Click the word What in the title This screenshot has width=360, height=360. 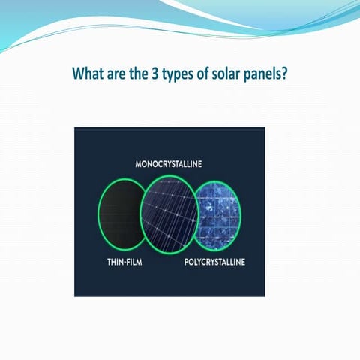click(x=88, y=75)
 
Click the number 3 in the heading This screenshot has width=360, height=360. click(x=158, y=75)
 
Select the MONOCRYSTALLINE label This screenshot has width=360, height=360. click(x=169, y=163)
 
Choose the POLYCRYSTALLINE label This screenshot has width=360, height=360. click(x=214, y=263)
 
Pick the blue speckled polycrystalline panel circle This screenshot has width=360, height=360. click(x=219, y=214)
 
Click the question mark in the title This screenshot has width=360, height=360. click(x=285, y=75)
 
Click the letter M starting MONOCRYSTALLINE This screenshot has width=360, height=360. click(x=138, y=163)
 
